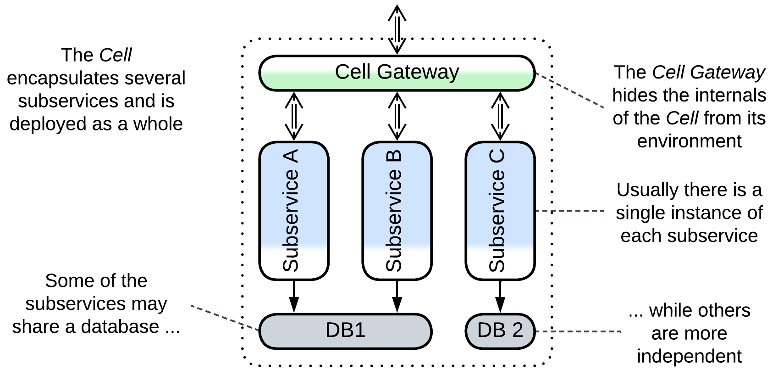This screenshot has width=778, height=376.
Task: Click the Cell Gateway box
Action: pos(397,73)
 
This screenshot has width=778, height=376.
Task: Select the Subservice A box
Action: pos(294,210)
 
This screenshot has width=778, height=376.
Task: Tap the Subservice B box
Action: pos(397,210)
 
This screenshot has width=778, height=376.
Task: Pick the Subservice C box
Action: pos(500,210)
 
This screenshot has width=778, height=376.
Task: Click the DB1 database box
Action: pos(345,331)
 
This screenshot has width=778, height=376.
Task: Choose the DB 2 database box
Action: pos(500,331)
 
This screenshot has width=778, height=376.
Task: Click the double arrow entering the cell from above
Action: pos(397,30)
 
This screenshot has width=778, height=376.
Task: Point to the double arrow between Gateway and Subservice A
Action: pos(294,116)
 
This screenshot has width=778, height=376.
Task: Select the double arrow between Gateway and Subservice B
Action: pos(397,116)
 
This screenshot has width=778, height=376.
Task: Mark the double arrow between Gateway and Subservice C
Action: pos(500,116)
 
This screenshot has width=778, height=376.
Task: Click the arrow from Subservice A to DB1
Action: pos(294,297)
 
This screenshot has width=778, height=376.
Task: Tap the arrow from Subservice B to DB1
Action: pos(397,297)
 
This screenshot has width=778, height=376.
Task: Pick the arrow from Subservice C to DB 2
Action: pos(500,297)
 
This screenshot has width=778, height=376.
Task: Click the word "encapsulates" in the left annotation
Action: pos(52,79)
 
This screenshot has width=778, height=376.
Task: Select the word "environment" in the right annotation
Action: pos(689,141)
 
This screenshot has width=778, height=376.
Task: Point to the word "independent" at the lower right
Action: pos(689,356)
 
